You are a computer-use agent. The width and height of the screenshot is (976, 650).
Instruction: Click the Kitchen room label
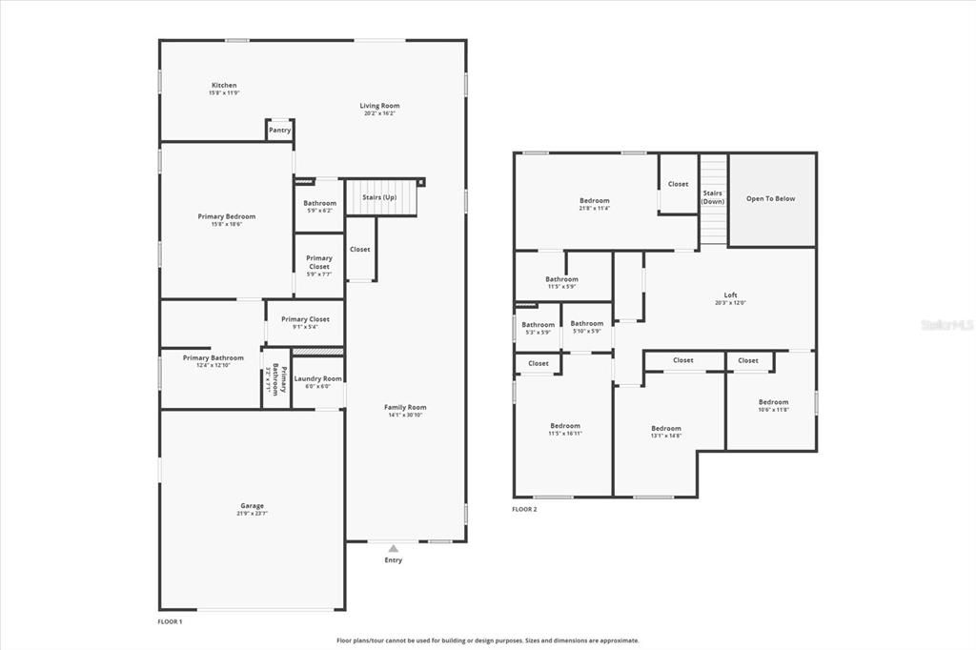(x=224, y=86)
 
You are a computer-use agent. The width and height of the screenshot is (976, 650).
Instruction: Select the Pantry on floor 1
(x=279, y=130)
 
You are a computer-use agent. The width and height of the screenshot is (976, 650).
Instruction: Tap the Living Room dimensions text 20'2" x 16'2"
(x=379, y=113)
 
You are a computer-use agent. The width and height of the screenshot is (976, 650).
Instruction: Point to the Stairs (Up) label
(x=379, y=197)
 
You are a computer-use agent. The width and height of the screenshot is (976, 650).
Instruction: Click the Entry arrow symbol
(x=393, y=548)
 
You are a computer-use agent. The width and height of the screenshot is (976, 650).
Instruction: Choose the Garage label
(x=252, y=506)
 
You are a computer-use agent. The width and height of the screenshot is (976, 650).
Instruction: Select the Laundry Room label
(x=318, y=378)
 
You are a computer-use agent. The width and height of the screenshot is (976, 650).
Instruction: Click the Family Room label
(x=405, y=407)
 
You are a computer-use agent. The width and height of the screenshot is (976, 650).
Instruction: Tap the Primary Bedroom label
(x=227, y=216)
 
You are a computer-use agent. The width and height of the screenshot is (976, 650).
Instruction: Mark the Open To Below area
(x=770, y=199)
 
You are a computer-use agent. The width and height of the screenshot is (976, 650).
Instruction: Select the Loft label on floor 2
(x=730, y=295)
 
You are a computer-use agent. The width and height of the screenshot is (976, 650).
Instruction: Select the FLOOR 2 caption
(x=524, y=510)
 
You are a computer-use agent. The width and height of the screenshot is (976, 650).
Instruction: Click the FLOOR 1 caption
(x=170, y=621)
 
